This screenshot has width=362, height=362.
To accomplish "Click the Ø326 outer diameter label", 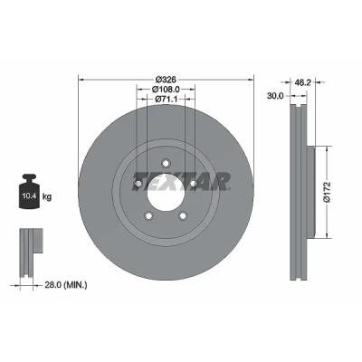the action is click(x=166, y=80).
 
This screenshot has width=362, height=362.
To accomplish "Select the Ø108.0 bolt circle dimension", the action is click(x=166, y=90).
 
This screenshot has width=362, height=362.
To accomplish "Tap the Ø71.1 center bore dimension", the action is click(x=166, y=99).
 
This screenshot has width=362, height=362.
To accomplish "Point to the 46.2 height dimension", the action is click(x=302, y=82).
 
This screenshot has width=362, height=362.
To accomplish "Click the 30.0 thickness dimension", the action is click(x=275, y=96).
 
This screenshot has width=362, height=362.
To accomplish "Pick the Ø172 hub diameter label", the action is click(x=327, y=192).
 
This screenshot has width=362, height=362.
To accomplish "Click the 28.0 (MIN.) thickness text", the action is click(x=66, y=284).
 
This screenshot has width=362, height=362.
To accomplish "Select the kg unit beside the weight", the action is click(x=47, y=197).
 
